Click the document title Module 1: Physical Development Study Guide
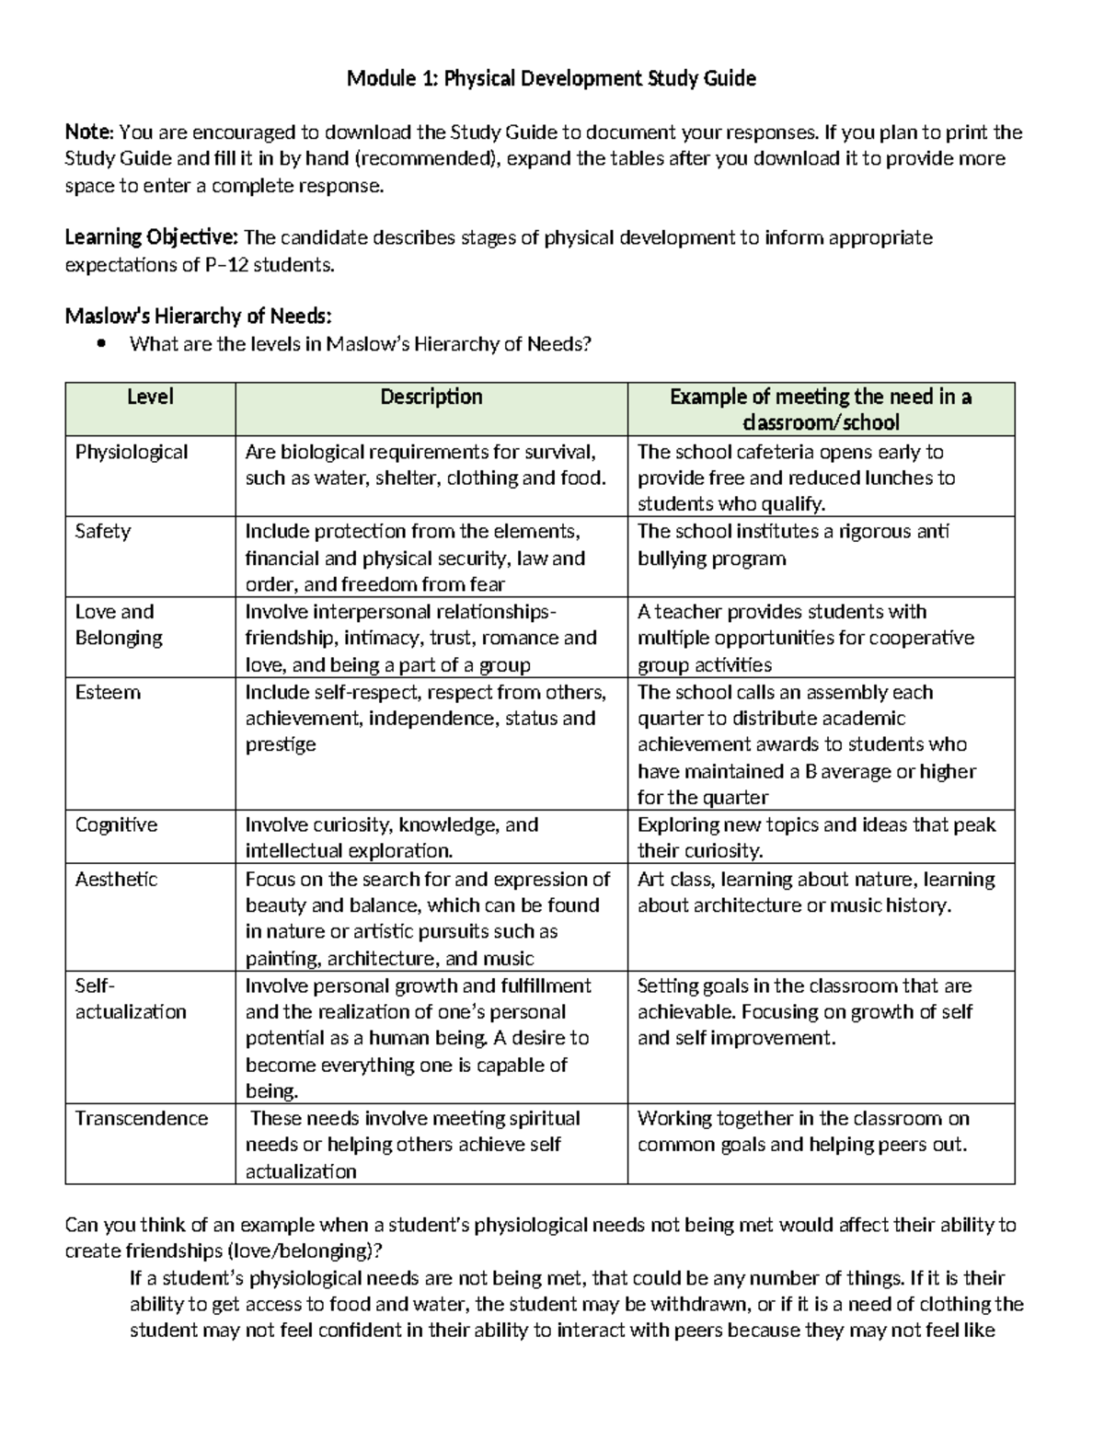[551, 79]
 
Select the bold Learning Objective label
[151, 238]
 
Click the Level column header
[150, 398]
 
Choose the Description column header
[431, 398]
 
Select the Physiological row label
[131, 452]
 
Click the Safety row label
[102, 532]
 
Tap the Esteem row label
[108, 692]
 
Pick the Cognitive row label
[116, 825]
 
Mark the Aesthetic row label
[116, 880]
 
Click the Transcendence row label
[142, 1119]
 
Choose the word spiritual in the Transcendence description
[544, 1119]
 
